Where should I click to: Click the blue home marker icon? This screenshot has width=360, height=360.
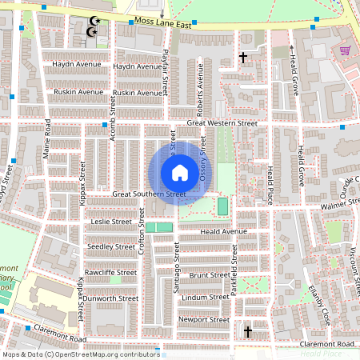pos(180,172)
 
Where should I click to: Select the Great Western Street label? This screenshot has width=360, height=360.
pos(222,123)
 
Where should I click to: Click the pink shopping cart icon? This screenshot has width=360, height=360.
pos(345,50)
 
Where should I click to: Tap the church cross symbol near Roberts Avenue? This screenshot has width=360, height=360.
pos(243,58)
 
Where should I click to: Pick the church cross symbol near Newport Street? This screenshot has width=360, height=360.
pos(248,331)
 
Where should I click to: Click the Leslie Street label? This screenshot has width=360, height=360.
pos(111,221)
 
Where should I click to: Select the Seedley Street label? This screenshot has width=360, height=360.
pos(112,247)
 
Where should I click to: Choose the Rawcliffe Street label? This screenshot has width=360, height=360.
pos(111,272)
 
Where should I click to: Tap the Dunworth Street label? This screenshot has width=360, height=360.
pos(111,298)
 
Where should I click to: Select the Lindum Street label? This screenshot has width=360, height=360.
pos(206,297)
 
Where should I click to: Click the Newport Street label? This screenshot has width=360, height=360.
pos(205,319)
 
